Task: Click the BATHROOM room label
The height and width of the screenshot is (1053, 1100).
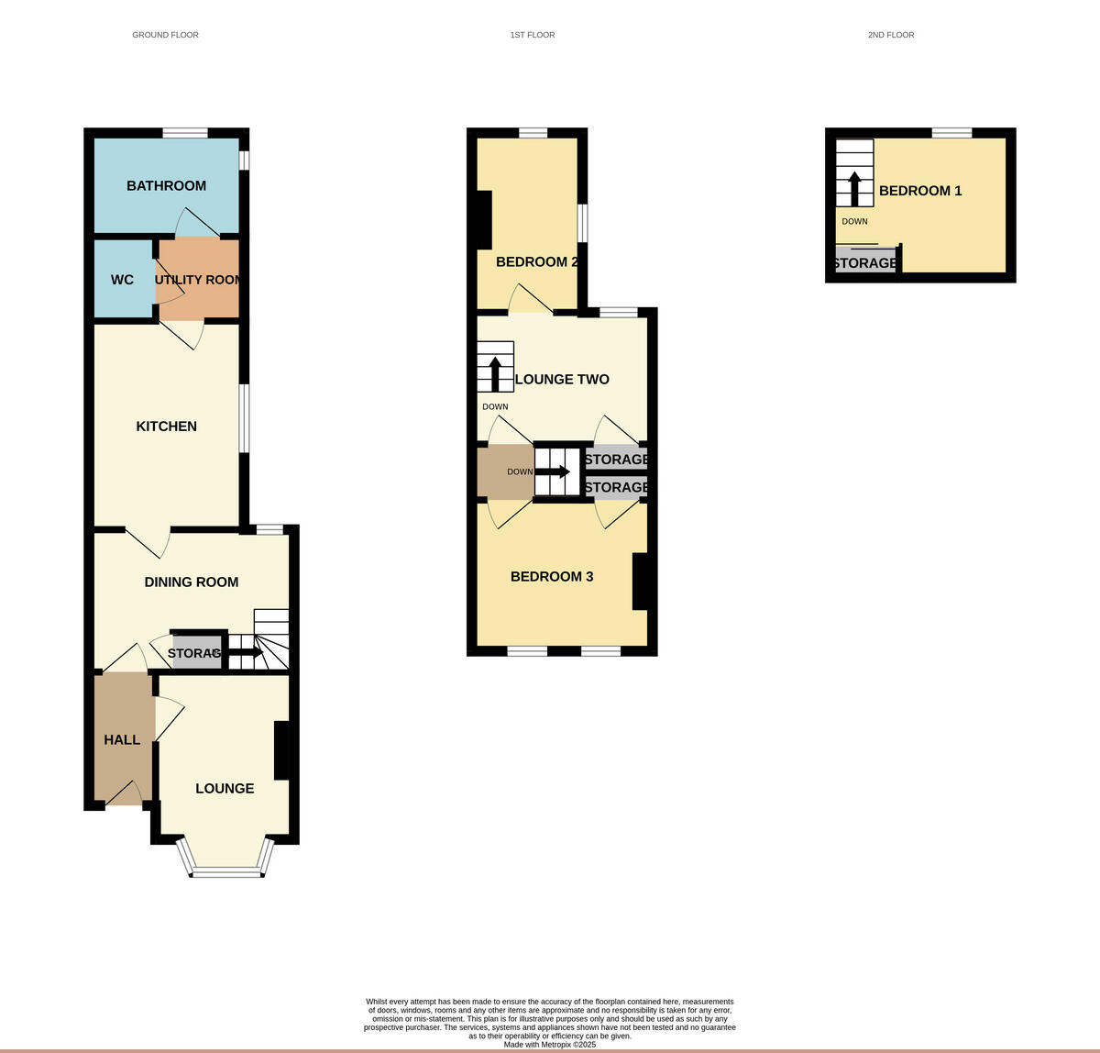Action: click(x=166, y=186)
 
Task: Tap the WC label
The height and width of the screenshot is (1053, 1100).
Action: click(x=122, y=280)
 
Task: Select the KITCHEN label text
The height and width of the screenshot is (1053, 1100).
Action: click(x=166, y=427)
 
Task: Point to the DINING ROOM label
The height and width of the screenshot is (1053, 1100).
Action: click(x=191, y=582)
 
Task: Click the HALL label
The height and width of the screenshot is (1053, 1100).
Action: click(x=122, y=740)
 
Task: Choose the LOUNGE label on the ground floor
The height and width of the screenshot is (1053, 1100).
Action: click(x=225, y=789)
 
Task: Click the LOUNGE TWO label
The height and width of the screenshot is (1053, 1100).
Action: click(x=562, y=380)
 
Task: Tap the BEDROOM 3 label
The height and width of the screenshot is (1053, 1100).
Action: click(x=552, y=577)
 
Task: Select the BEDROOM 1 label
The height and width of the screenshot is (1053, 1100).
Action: click(x=920, y=191)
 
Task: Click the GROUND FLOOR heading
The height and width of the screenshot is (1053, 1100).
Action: click(x=165, y=35)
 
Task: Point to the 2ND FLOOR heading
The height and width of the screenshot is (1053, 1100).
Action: click(x=891, y=35)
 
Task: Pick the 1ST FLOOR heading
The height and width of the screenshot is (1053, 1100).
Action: click(x=533, y=35)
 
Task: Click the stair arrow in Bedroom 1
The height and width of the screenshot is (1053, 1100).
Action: click(x=854, y=187)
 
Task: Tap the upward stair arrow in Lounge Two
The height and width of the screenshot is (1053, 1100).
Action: click(x=495, y=373)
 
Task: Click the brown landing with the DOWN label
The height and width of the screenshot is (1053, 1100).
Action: click(x=505, y=471)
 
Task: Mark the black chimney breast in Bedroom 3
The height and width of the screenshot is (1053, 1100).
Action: click(x=640, y=582)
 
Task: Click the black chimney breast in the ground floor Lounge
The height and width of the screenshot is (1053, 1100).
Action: click(x=281, y=750)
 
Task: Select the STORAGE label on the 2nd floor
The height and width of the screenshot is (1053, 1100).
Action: click(x=864, y=263)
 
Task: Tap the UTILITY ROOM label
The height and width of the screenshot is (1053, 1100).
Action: click(x=198, y=280)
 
